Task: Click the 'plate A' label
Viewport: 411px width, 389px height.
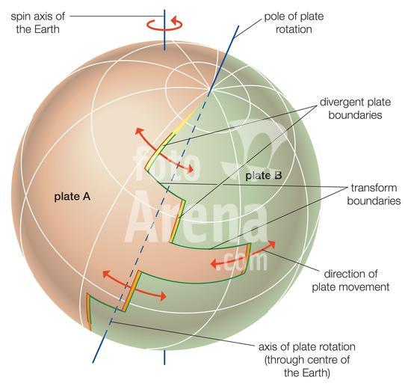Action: (72, 197)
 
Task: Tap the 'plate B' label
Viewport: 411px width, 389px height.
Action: (264, 176)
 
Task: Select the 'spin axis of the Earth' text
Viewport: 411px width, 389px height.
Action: (37, 22)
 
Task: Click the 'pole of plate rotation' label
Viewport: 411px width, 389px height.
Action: (294, 23)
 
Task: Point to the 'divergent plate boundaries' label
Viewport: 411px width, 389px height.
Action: (355, 108)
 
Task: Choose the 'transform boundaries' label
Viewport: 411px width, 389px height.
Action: (374, 194)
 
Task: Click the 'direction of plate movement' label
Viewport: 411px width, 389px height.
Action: (350, 281)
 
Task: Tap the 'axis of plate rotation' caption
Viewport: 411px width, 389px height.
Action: (307, 347)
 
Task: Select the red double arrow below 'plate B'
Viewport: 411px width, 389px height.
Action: (244, 255)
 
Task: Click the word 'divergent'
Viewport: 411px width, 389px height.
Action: (340, 102)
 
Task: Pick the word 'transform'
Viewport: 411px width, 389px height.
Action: (374, 188)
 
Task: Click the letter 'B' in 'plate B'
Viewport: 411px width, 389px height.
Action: (278, 175)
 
